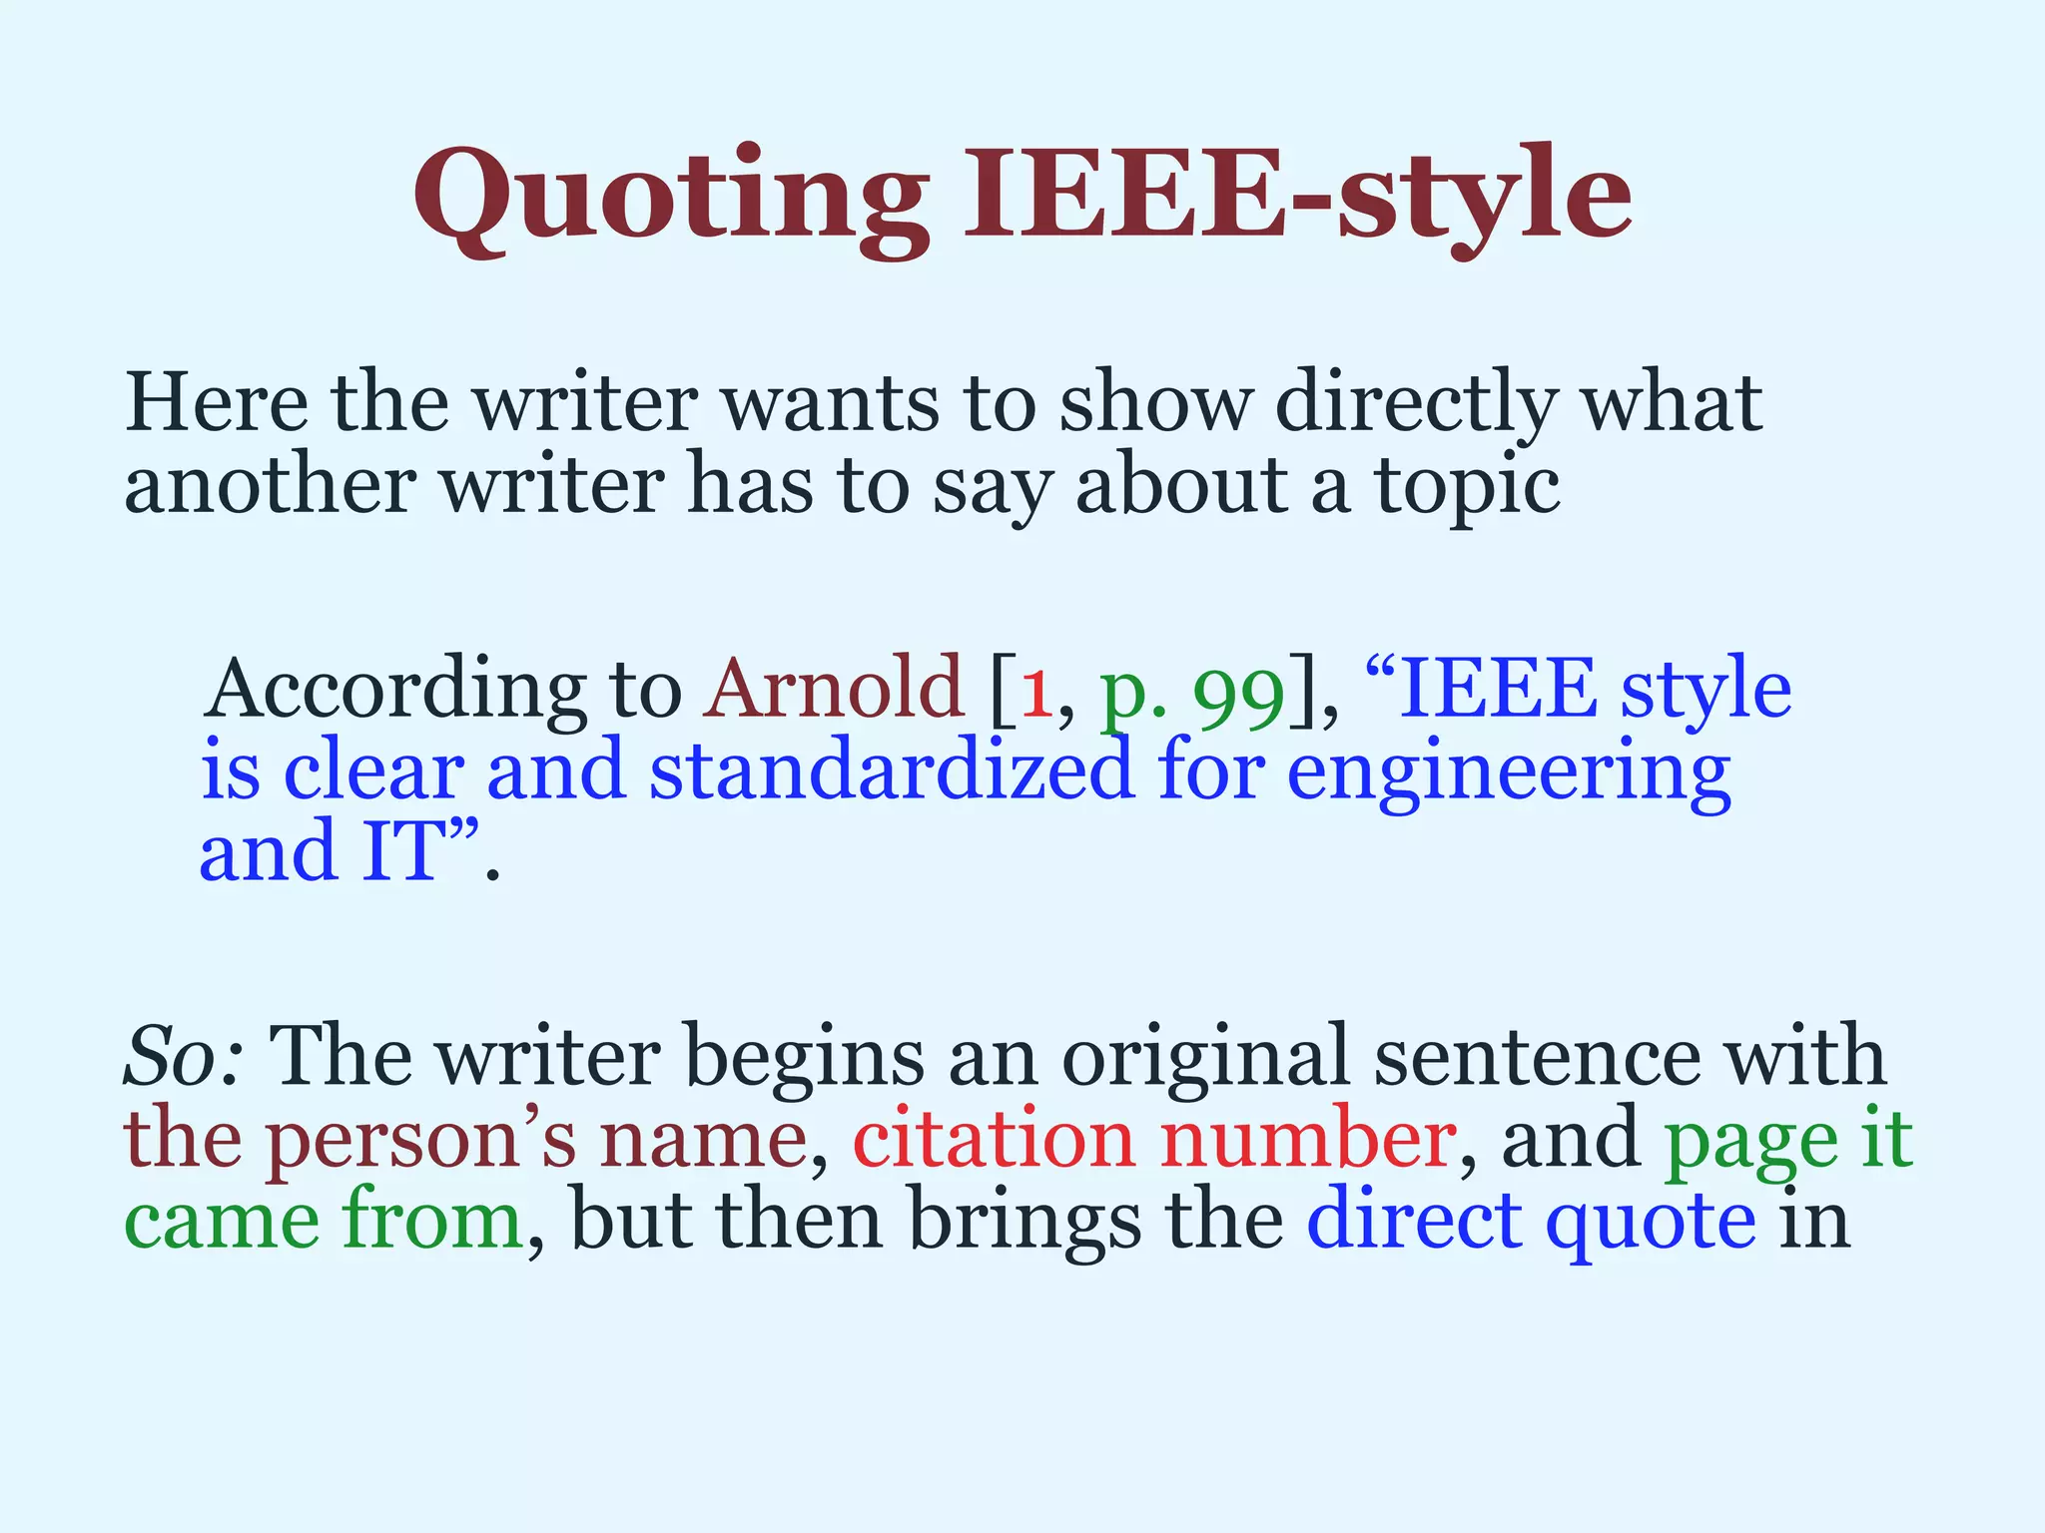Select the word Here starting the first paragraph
(x=217, y=402)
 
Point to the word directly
(x=1416, y=404)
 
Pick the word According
(x=395, y=691)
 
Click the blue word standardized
(x=892, y=771)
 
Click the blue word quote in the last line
(x=1651, y=1222)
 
